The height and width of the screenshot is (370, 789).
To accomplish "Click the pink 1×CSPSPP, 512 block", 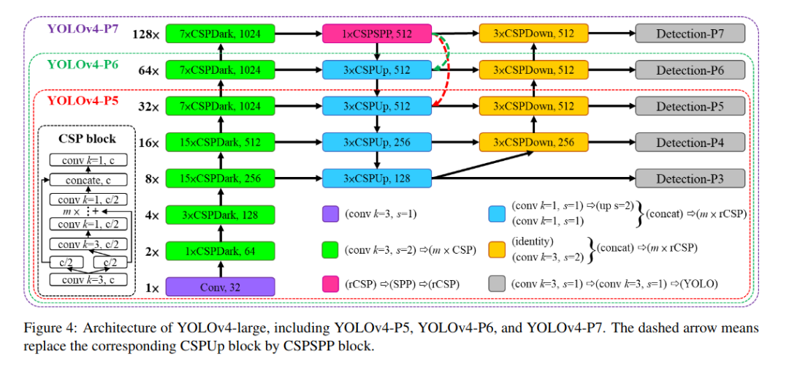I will click(x=377, y=33).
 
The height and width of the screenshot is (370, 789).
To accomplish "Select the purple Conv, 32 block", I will click(x=221, y=287).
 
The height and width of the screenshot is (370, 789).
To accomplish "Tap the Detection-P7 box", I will click(x=690, y=33).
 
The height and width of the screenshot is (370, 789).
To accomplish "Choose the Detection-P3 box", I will click(x=690, y=178).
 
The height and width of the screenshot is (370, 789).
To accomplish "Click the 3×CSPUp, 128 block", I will click(x=377, y=178).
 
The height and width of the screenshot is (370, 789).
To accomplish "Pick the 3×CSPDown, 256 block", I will click(x=533, y=142).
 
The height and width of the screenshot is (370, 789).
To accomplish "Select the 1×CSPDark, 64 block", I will click(x=221, y=251).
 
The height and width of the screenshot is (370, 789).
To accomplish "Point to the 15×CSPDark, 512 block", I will click(x=221, y=142).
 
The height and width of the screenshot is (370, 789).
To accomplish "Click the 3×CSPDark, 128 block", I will click(x=221, y=214).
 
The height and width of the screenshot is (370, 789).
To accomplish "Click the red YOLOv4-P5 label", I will click(x=80, y=100).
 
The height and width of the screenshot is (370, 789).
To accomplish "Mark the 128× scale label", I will click(x=145, y=34).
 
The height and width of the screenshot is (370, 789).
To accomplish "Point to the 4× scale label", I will click(x=151, y=215).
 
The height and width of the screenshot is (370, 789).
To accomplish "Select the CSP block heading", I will click(x=87, y=138).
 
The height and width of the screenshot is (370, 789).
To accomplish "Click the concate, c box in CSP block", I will click(x=87, y=179).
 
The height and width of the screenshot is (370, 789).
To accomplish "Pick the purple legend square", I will click(x=330, y=214).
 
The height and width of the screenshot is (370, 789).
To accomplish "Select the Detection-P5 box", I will click(x=690, y=106).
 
